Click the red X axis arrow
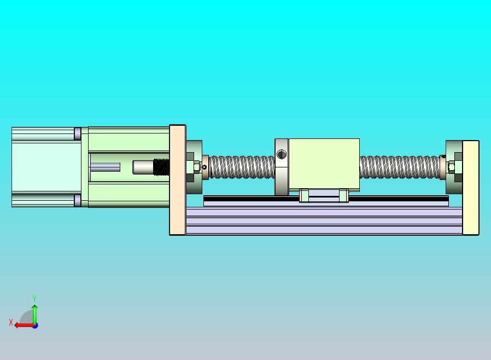(23, 325)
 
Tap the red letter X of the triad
(11, 323)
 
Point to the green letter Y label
(34, 299)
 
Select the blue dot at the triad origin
(35, 326)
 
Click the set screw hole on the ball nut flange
(281, 154)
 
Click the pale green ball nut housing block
(324, 164)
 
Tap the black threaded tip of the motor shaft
(161, 167)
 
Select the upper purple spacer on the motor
(78, 133)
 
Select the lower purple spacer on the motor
(78, 201)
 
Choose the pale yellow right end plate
(471, 188)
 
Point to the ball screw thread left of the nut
(241, 167)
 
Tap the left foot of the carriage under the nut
(305, 195)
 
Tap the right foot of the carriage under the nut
(343, 195)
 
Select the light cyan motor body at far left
(44, 167)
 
